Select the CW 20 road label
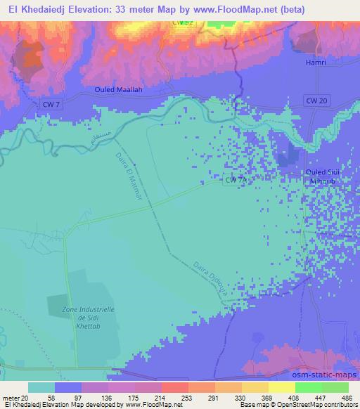click(316, 101)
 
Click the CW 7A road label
click(236, 181)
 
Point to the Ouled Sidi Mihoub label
click(321, 176)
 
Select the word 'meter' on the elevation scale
click(11, 398)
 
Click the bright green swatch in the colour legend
click(307, 387)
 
